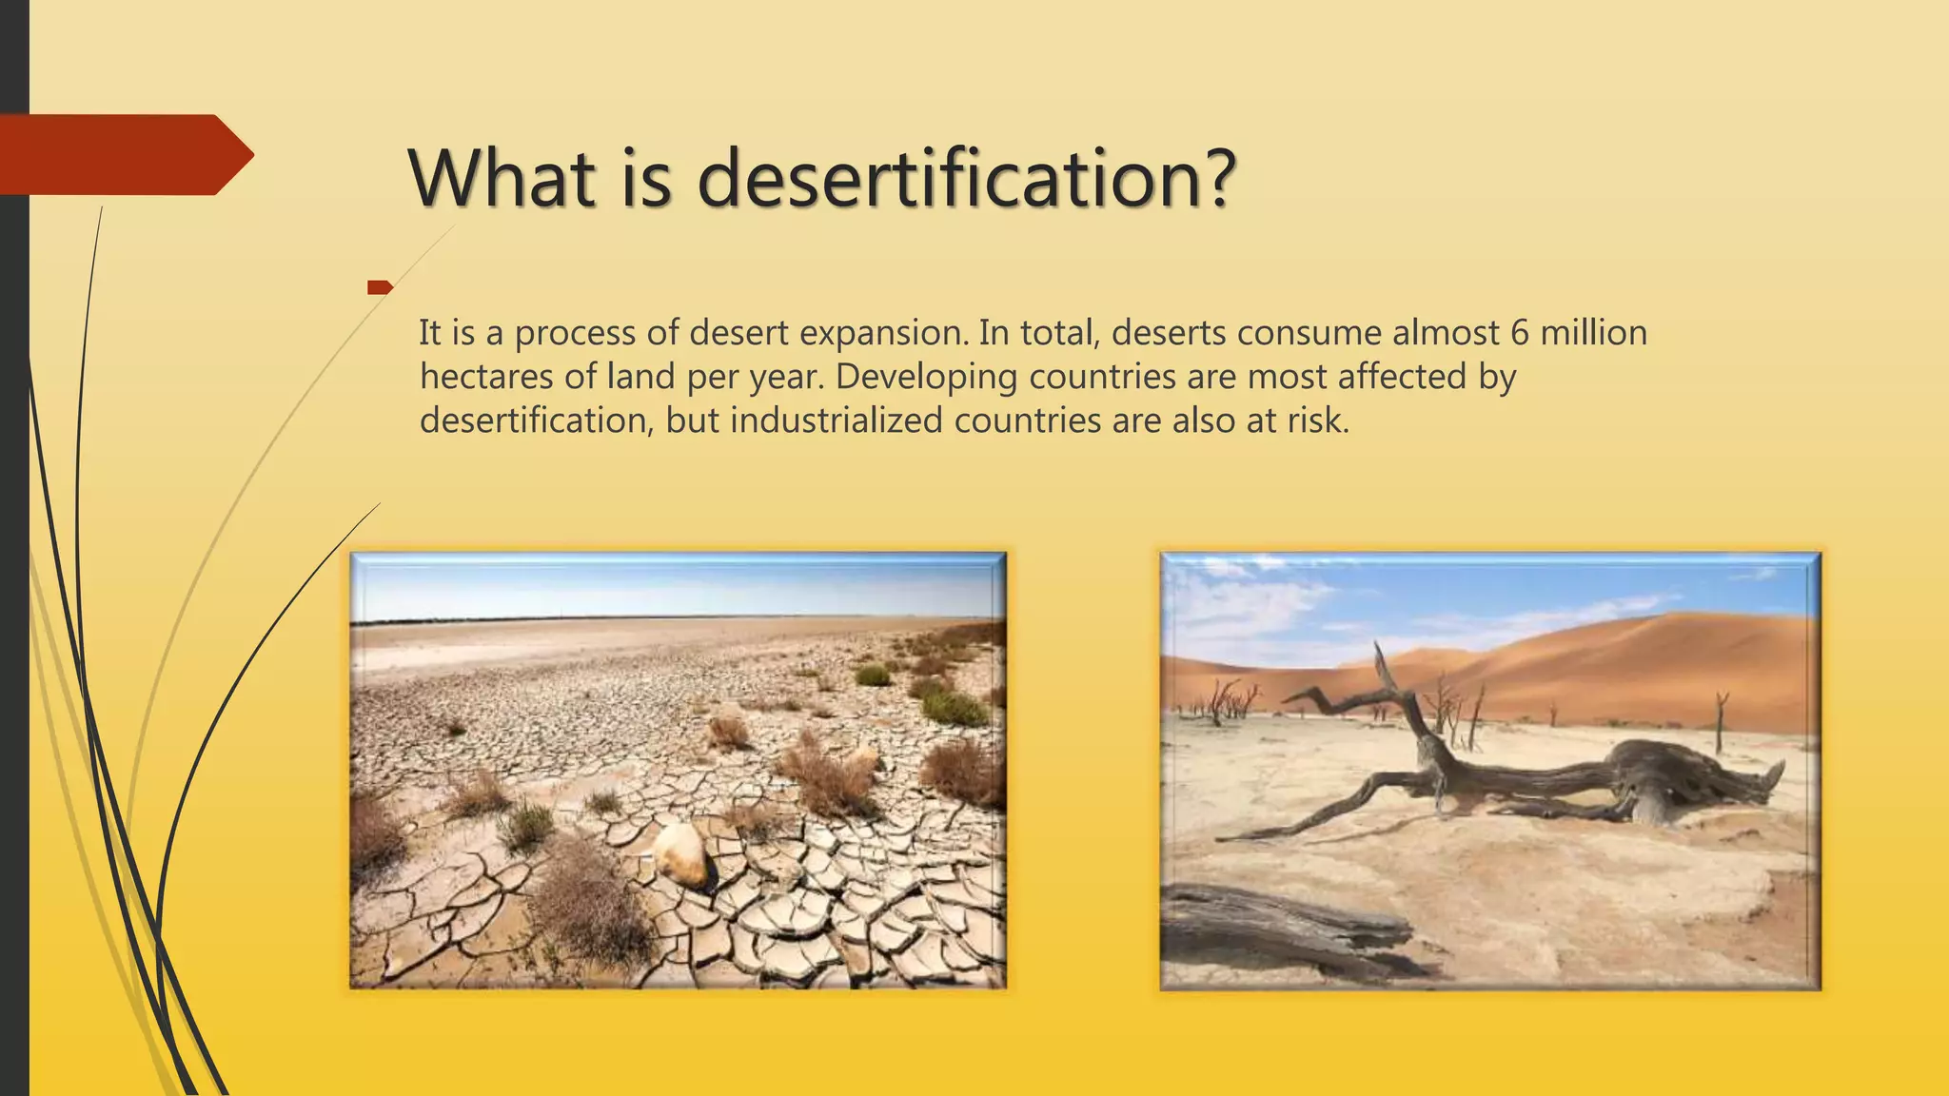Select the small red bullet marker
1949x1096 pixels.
click(380, 287)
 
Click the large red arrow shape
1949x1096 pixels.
click(124, 154)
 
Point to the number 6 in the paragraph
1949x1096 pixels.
click(1519, 333)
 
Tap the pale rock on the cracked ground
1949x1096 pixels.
click(679, 853)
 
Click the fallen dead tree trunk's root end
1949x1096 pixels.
click(1675, 775)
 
